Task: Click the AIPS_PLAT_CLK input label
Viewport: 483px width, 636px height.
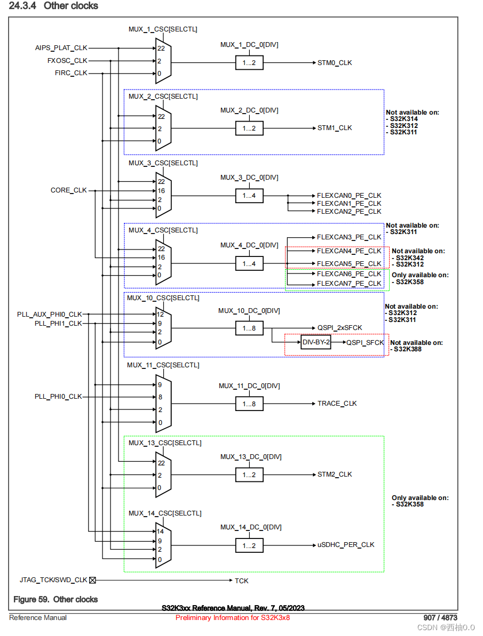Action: [61, 48]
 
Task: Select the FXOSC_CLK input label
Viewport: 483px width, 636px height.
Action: [67, 61]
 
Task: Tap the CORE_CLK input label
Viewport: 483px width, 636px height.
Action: [68, 190]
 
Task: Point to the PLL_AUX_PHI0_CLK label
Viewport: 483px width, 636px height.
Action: [50, 315]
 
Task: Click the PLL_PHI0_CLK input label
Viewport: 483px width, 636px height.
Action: [58, 397]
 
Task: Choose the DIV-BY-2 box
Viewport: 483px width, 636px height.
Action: [315, 343]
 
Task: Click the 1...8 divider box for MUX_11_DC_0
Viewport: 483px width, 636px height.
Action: [249, 404]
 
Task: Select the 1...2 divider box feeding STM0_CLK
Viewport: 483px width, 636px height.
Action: [249, 63]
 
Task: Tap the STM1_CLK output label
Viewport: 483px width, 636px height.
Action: [335, 128]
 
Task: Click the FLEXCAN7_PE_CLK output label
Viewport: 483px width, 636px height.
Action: [349, 283]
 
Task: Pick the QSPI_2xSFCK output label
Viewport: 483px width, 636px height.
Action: [339, 328]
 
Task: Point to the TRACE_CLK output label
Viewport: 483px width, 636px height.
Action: [337, 404]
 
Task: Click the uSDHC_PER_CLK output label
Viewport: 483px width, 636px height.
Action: [346, 545]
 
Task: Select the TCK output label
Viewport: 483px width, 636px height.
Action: [241, 581]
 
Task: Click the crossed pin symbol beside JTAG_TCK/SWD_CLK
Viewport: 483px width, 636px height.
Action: [92, 580]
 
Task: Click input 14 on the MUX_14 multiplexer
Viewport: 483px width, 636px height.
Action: [160, 532]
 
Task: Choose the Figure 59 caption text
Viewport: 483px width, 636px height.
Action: [56, 599]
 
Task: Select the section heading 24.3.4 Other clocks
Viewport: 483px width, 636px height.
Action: [54, 6]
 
